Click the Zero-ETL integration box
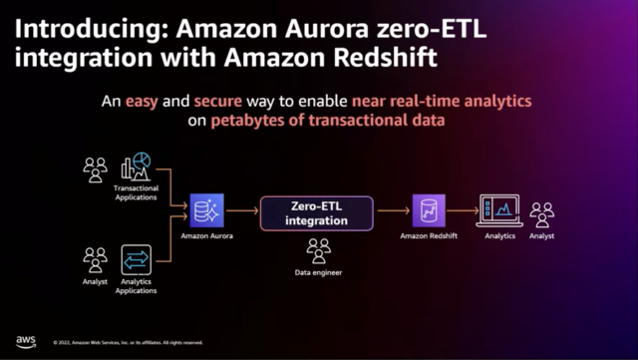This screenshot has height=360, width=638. (x=316, y=210)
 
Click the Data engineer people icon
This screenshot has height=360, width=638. (x=318, y=249)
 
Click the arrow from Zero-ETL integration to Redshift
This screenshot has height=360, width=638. (x=391, y=210)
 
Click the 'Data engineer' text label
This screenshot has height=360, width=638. (x=318, y=271)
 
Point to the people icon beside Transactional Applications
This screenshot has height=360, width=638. (x=96, y=170)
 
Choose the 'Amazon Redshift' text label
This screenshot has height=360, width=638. (x=428, y=237)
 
